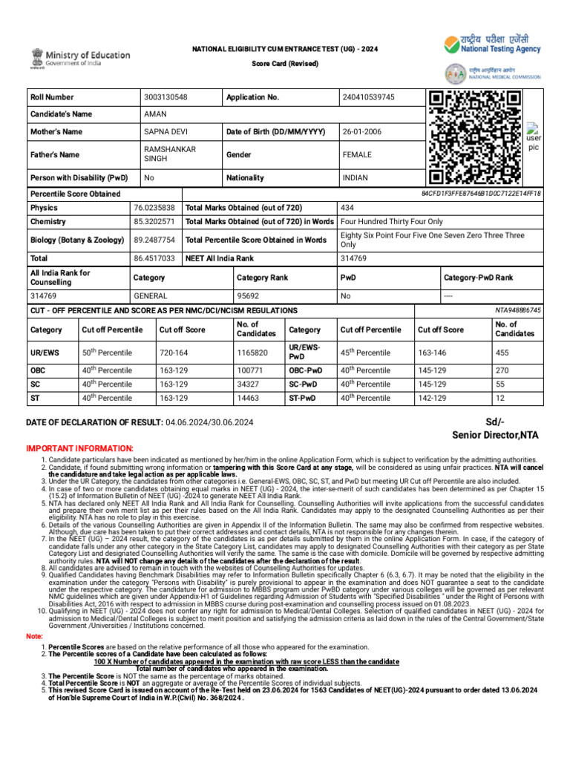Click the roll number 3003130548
(166, 97)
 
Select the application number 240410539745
(369, 97)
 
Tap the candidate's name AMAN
(156, 114)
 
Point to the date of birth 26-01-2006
(362, 132)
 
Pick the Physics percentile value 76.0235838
(154, 208)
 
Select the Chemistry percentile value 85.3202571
(154, 222)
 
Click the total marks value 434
(348, 208)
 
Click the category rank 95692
(248, 295)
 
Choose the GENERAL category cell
(151, 295)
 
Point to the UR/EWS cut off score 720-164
(174, 353)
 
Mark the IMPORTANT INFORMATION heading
(80, 449)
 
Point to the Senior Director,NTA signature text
(495, 434)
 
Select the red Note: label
(34, 637)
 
